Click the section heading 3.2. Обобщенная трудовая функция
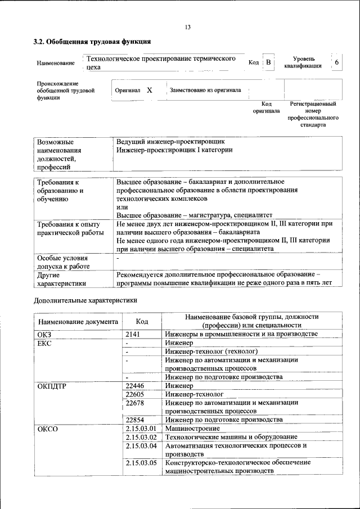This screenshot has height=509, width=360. tap(92, 42)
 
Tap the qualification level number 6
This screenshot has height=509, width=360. tap(336, 62)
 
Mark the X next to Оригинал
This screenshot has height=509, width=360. tap(149, 90)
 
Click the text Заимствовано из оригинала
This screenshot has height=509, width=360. tap(205, 90)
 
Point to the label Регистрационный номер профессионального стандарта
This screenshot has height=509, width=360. tap(313, 115)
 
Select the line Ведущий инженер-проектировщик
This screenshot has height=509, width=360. tap(171, 142)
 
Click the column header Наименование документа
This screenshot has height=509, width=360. tap(78, 322)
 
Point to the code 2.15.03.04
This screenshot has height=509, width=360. tap(141, 445)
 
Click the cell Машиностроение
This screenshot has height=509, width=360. tap(191, 429)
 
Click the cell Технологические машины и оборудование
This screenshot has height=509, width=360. tap(231, 437)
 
